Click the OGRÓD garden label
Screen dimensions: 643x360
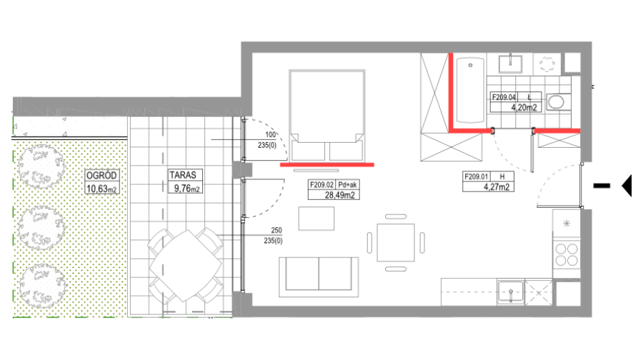point(101,176)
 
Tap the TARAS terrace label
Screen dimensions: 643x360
point(183,175)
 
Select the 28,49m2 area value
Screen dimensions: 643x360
point(339,195)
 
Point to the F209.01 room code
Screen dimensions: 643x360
point(476,176)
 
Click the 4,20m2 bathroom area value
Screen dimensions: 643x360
point(524,108)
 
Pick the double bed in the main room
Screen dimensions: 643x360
point(327,115)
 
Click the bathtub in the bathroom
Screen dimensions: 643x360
point(470,90)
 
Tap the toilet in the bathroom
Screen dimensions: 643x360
point(558,101)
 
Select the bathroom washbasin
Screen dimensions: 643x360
point(510,64)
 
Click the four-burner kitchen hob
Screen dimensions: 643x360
point(567,254)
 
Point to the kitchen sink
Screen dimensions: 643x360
point(511,292)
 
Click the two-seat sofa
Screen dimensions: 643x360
point(319,276)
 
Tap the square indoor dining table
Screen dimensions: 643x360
point(396,242)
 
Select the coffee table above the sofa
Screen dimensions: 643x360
point(316,219)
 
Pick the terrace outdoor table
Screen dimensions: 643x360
point(186,265)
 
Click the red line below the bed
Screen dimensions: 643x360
point(327,165)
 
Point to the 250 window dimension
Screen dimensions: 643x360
point(276,231)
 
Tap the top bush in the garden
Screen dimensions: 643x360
point(41,167)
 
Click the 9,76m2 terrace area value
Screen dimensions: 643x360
point(187,189)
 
